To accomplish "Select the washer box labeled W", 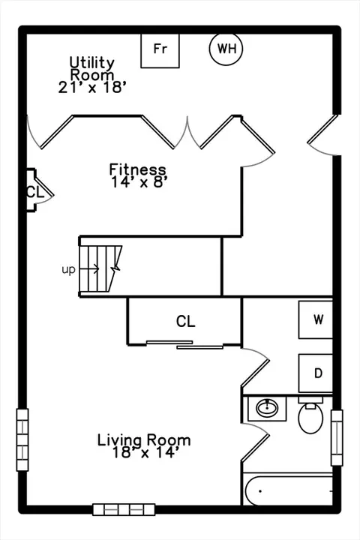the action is point(316,320).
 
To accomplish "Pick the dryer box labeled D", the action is point(316,373).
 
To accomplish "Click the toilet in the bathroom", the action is point(310,415).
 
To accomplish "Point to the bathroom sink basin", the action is point(267,409).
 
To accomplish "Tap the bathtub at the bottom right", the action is point(288,489).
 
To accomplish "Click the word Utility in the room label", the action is point(92,63).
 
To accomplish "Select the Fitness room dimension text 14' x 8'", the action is point(139,181).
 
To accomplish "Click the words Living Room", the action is point(144,440).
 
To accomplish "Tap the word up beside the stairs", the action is point(68,269).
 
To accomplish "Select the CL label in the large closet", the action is point(186,321).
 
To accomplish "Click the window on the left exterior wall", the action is point(22,439).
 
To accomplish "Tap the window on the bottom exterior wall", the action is point(124,510).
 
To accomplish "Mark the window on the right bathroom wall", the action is point(337,438).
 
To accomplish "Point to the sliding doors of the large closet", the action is point(185,345).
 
